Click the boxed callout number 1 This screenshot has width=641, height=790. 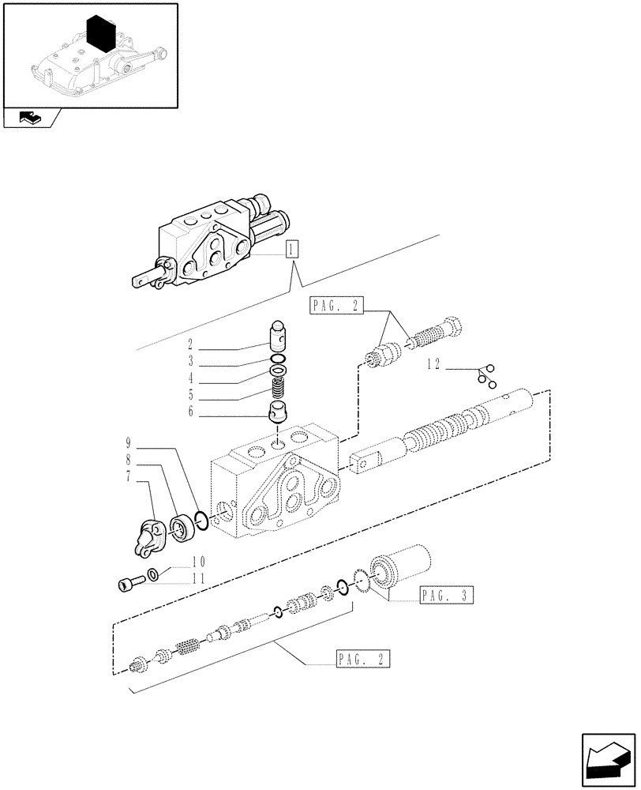click(x=292, y=250)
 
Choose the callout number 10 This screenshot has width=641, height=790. click(x=197, y=562)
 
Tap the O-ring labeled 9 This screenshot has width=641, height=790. click(x=201, y=521)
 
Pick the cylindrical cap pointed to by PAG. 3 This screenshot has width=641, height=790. click(x=407, y=567)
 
